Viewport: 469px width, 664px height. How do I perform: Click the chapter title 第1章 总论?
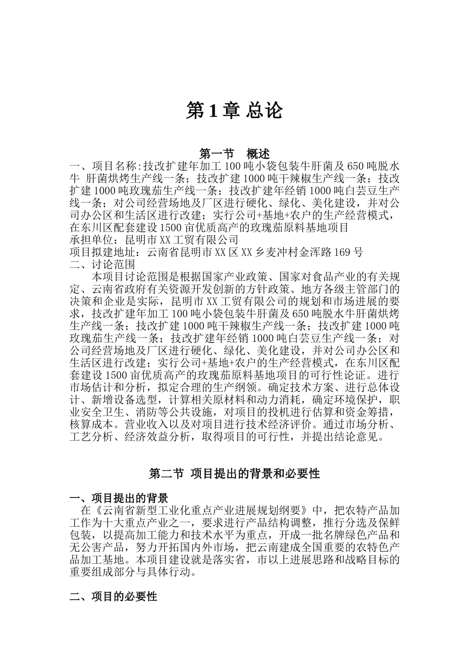(x=234, y=111)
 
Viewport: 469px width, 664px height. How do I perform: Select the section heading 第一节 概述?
(x=234, y=153)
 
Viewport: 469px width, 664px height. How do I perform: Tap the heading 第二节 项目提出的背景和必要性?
(x=234, y=474)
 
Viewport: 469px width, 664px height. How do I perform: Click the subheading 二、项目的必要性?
(x=113, y=596)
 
